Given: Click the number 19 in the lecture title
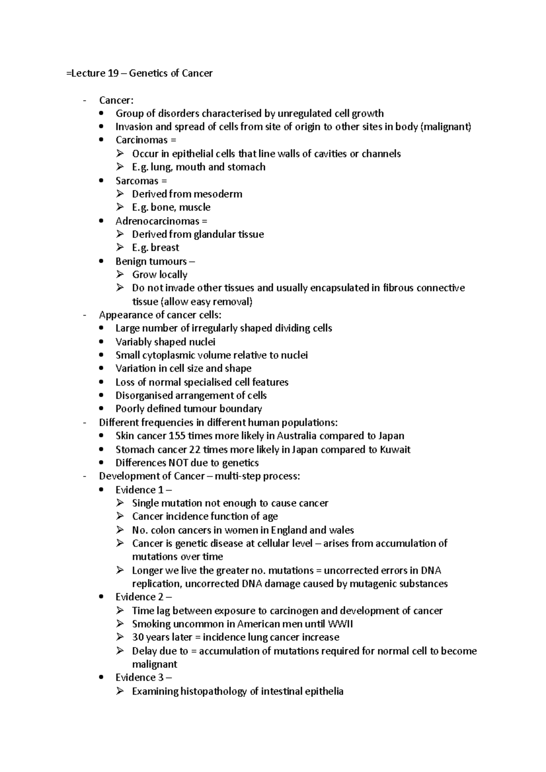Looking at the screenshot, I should pyautogui.click(x=113, y=73).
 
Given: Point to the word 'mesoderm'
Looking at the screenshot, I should pyautogui.click(x=220, y=194).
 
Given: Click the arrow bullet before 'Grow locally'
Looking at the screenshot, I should pyautogui.click(x=120, y=274).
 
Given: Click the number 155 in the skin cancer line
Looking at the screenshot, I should pyautogui.click(x=177, y=436).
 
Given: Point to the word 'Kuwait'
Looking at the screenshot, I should pyautogui.click(x=395, y=450).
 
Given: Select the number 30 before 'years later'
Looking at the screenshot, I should pyautogui.click(x=137, y=637).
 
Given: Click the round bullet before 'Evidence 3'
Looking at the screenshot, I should pyautogui.click(x=101, y=678).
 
